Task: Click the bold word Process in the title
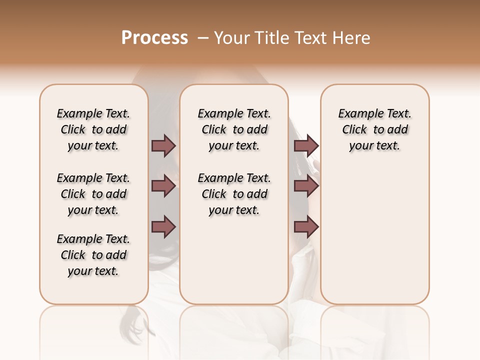154,38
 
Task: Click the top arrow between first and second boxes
163,146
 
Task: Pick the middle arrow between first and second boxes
163,186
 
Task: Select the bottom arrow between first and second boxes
163,227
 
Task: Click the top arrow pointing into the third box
306,146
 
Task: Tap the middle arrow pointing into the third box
306,186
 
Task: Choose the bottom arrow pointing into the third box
306,227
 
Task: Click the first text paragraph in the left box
93,129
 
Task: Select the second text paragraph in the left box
93,194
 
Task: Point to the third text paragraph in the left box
93,255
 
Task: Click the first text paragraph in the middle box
234,129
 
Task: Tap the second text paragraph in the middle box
234,194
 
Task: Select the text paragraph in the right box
374,129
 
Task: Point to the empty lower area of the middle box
234,260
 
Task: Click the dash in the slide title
203,38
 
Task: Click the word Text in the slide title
312,38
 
